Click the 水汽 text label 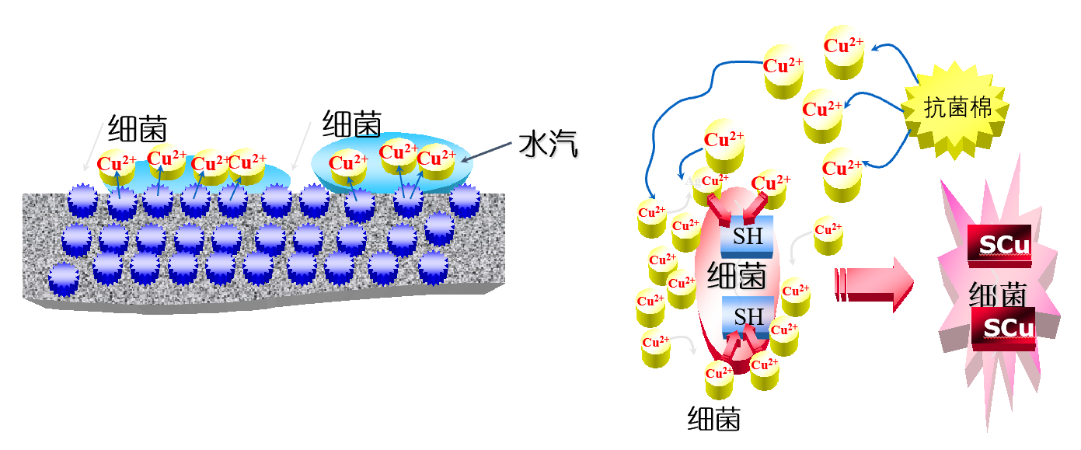[549, 145]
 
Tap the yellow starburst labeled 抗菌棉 [957, 109]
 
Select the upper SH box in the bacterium [748, 236]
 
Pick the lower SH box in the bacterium [748, 317]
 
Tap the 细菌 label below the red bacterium [714, 419]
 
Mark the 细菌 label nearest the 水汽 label [352, 124]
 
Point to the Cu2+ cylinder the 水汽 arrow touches [437, 165]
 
